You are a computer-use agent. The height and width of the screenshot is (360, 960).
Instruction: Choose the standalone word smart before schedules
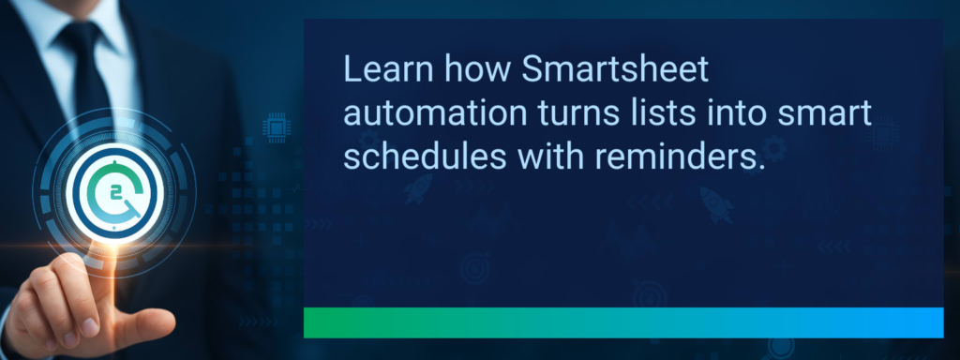click(x=826, y=114)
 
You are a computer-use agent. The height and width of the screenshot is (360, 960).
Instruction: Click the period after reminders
click(x=755, y=169)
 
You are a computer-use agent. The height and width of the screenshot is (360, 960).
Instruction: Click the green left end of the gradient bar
click(x=323, y=322)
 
